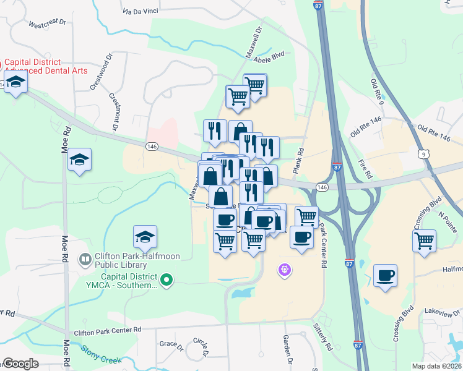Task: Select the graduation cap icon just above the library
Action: [x=145, y=236]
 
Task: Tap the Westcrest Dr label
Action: [x=47, y=23]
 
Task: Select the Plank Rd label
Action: [x=301, y=160]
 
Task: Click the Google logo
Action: [x=21, y=364]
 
